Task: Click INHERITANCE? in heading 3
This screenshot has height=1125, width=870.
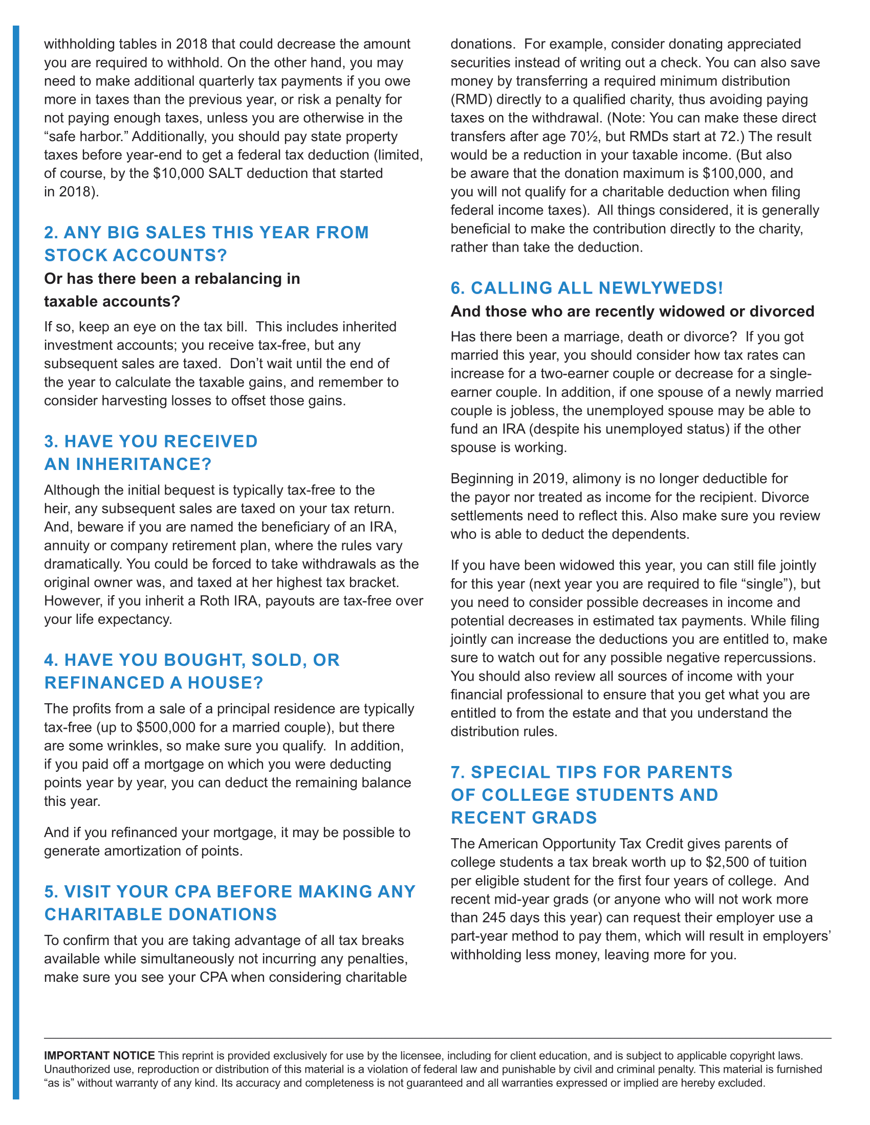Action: [144, 464]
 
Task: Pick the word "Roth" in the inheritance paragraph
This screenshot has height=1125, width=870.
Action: [214, 601]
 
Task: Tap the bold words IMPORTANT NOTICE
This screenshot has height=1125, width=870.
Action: [99, 1055]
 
